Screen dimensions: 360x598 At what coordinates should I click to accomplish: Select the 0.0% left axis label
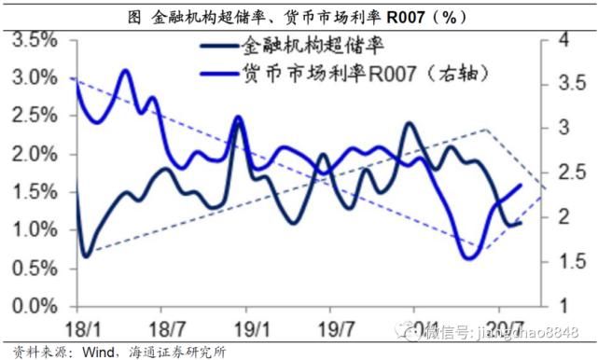pyautogui.click(x=35, y=306)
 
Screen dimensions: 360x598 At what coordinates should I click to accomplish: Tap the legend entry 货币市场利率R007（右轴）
pyautogui.click(x=364, y=73)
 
